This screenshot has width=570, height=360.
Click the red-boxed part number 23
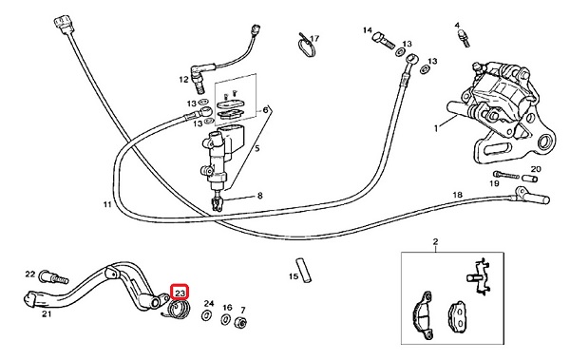(180, 293)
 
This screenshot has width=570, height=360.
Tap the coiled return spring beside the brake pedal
(177, 311)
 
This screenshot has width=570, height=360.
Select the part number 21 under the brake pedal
(47, 313)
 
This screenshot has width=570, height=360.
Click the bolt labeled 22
(54, 277)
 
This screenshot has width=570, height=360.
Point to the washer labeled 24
(207, 315)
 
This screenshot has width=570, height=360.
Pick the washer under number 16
(226, 320)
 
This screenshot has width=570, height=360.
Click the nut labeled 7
(241, 323)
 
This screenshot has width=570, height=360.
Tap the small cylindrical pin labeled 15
(305, 270)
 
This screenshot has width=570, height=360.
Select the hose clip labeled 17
(306, 46)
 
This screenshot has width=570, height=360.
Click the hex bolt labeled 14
(384, 40)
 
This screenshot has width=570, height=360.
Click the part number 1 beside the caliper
(436, 128)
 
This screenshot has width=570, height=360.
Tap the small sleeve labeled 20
(530, 179)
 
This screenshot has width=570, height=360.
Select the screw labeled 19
(506, 175)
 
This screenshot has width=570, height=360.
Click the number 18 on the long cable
(457, 195)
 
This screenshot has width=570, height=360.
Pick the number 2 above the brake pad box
(435, 241)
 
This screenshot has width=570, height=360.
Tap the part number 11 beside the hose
(106, 205)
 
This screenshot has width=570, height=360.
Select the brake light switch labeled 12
(198, 78)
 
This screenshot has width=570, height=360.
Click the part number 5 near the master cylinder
(257, 148)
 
